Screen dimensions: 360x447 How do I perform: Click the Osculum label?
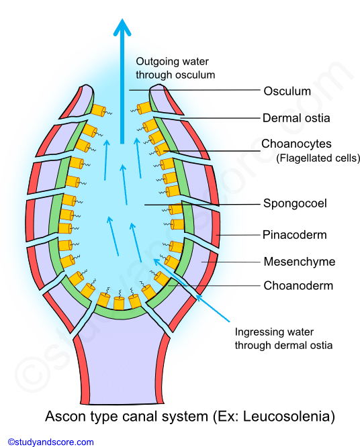tap(287, 91)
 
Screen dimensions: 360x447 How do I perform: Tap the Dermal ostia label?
tap(296, 117)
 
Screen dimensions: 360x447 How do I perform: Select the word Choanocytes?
tap(296, 144)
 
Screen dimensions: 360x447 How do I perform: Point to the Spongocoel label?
tap(295, 203)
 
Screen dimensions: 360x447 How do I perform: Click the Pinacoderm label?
tap(294, 235)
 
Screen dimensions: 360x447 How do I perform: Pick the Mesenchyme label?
tap(300, 261)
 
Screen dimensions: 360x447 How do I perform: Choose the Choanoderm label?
tap(298, 285)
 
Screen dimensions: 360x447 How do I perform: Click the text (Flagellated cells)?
tap(318, 158)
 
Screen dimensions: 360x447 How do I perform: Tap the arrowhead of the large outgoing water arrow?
tap(122, 27)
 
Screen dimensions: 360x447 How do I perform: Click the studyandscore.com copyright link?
tap(51, 442)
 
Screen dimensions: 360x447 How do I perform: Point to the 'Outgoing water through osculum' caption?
tap(175, 68)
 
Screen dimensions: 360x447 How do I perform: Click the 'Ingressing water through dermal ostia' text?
tap(283, 338)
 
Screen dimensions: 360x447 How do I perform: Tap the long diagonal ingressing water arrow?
tap(191, 290)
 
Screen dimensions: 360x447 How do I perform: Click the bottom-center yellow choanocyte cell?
tap(119, 303)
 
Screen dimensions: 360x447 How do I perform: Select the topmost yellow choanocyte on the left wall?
tap(99, 110)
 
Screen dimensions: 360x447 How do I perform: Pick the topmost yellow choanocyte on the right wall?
tap(144, 108)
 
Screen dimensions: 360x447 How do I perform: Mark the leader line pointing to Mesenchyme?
tap(231, 262)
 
